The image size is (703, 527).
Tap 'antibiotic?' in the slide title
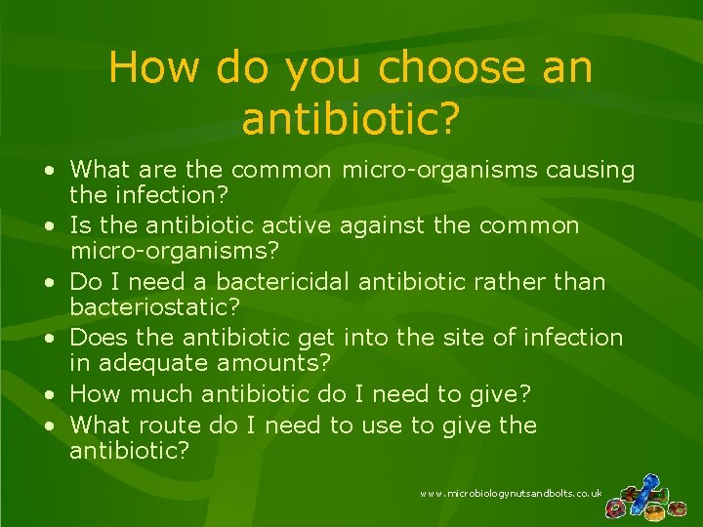pyautogui.click(x=351, y=119)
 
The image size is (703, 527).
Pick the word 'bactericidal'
pyautogui.click(x=283, y=282)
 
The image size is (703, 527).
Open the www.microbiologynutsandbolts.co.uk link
pyautogui.click(x=511, y=495)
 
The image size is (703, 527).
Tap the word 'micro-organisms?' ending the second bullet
pyautogui.click(x=175, y=252)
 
